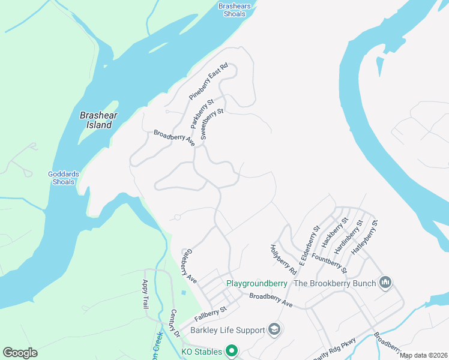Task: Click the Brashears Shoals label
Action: [x=234, y=10]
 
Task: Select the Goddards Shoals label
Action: [x=64, y=178]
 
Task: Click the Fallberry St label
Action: [x=209, y=313]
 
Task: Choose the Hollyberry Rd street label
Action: [x=283, y=259]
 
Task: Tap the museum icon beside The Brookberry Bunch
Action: [x=385, y=283]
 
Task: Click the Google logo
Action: [x=20, y=352]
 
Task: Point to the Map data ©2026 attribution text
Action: [x=423, y=355]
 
